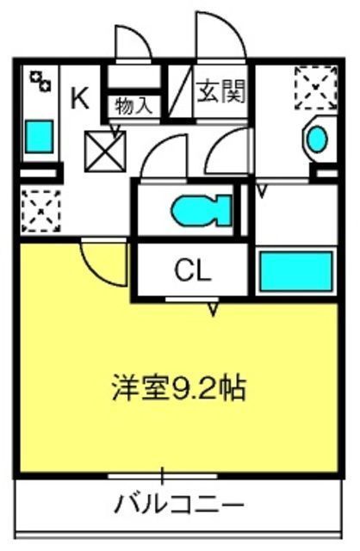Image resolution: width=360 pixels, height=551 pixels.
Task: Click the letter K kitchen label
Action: (80, 97)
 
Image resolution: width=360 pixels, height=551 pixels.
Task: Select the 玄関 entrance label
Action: (220, 91)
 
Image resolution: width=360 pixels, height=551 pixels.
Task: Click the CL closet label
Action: (193, 269)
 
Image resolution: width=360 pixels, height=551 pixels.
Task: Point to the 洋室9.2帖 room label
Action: (178, 388)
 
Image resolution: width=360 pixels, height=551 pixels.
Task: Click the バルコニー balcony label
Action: (179, 505)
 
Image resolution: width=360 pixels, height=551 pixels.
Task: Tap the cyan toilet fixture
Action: (202, 210)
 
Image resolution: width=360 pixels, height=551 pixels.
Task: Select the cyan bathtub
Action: (296, 271)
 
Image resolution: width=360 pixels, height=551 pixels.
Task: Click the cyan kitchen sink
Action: (39, 136)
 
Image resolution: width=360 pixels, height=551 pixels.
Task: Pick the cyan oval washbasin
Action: (317, 139)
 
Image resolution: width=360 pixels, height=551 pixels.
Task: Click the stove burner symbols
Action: (40, 81)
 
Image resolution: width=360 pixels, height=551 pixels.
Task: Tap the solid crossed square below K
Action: (105, 152)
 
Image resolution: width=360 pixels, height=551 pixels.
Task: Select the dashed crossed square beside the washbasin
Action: (315, 87)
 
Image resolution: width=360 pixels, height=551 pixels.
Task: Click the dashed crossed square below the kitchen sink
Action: (40, 211)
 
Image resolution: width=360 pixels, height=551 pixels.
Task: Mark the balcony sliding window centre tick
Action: (163, 476)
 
